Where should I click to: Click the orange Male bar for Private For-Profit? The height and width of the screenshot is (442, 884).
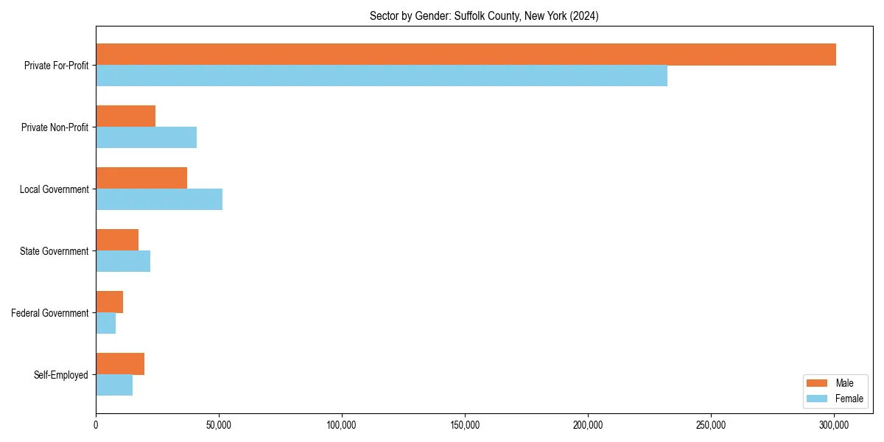(466, 55)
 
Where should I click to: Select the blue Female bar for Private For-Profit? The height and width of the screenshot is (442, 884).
(382, 76)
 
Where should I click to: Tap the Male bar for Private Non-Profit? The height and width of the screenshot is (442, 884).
(125, 116)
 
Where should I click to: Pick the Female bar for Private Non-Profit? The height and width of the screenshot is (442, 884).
(146, 138)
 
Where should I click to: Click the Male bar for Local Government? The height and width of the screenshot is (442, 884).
(141, 178)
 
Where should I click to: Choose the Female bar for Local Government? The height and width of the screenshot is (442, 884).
(159, 200)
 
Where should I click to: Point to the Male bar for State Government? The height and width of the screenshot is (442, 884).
(117, 240)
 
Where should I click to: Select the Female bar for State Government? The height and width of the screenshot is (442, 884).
(123, 262)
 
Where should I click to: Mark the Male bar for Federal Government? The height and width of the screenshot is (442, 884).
(109, 302)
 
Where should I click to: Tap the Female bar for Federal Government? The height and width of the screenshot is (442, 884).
(105, 323)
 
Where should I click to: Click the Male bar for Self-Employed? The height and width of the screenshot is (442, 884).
(120, 364)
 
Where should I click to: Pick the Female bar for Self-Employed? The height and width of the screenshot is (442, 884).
(114, 385)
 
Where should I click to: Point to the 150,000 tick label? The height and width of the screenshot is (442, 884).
(465, 425)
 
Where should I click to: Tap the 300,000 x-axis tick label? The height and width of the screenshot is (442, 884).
(834, 425)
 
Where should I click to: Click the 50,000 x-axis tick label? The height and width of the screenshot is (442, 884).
(219, 425)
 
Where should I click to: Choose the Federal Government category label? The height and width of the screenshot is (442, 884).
(50, 313)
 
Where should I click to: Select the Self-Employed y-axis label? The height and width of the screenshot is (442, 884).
(61, 375)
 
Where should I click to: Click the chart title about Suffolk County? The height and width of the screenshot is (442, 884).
(484, 16)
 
